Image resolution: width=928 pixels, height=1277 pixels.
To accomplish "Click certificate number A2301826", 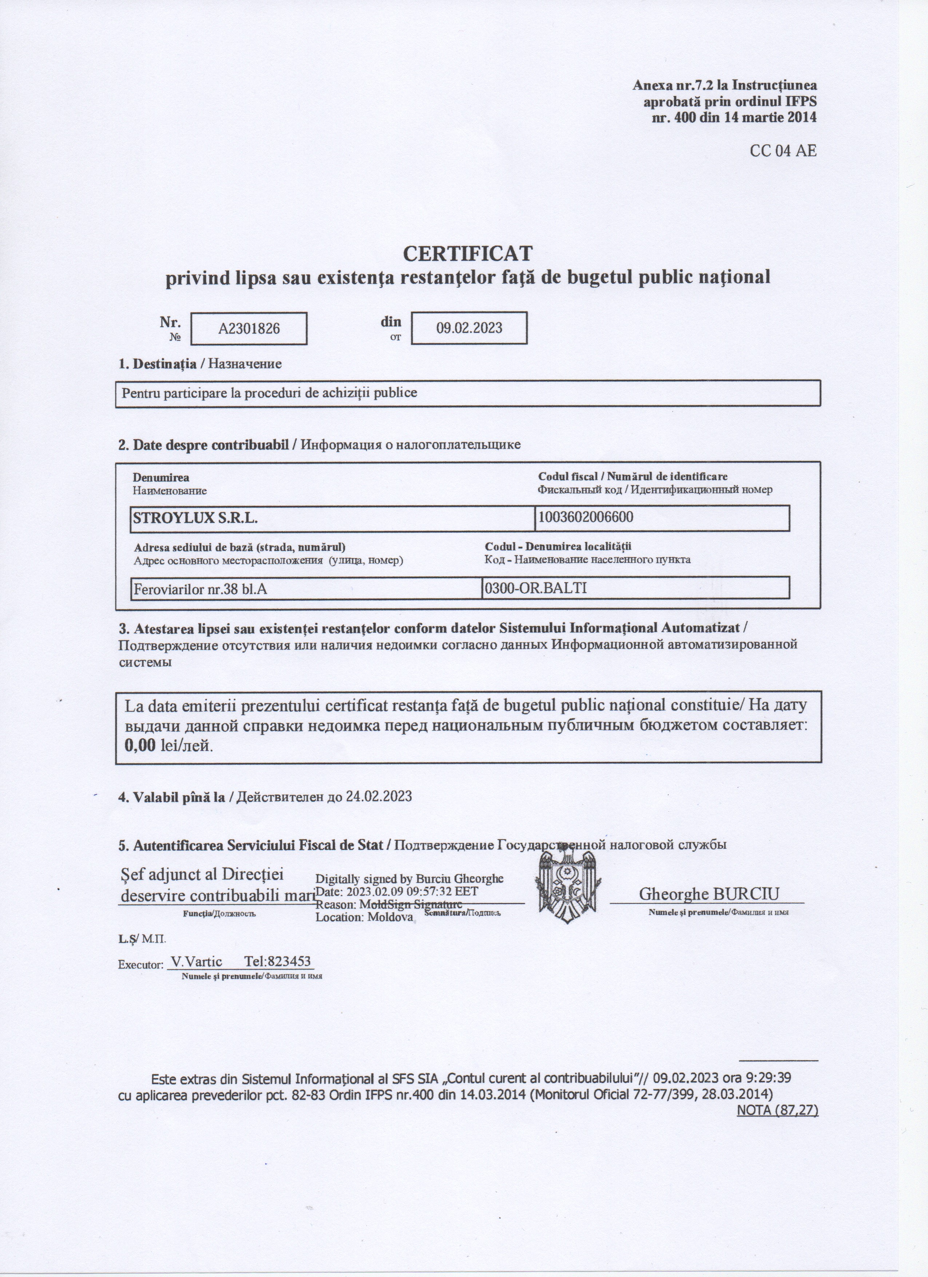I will click(249, 328).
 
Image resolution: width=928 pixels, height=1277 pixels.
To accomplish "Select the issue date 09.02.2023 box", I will click(469, 328).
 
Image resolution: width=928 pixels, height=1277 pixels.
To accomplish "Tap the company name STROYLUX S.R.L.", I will click(195, 518).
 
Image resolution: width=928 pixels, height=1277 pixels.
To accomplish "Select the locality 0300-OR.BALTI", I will click(536, 588).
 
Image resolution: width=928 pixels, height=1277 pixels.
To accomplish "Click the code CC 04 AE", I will click(783, 151).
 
